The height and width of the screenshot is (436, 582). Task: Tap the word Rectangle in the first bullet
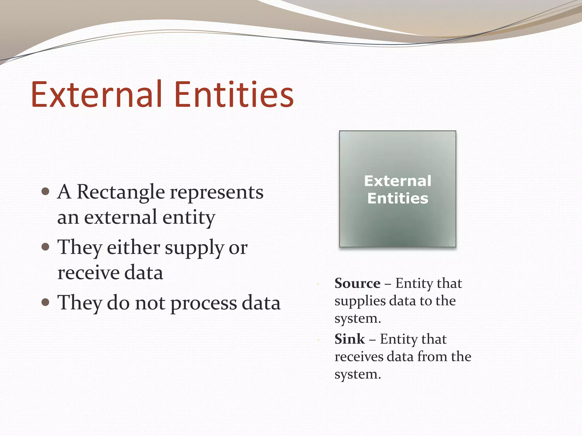click(x=121, y=192)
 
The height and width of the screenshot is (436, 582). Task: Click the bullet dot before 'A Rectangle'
click(x=45, y=191)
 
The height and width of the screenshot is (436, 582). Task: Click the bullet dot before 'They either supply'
click(x=45, y=247)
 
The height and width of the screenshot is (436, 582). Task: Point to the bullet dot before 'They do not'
click(x=45, y=302)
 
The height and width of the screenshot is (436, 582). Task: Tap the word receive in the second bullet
click(x=88, y=272)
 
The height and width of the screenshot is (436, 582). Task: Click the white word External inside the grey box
click(x=398, y=181)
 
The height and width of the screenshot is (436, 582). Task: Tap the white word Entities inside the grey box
click(x=398, y=198)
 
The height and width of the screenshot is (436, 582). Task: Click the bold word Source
click(x=357, y=283)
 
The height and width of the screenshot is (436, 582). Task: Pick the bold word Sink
click(x=350, y=339)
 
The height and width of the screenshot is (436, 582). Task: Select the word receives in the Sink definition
click(x=359, y=357)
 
